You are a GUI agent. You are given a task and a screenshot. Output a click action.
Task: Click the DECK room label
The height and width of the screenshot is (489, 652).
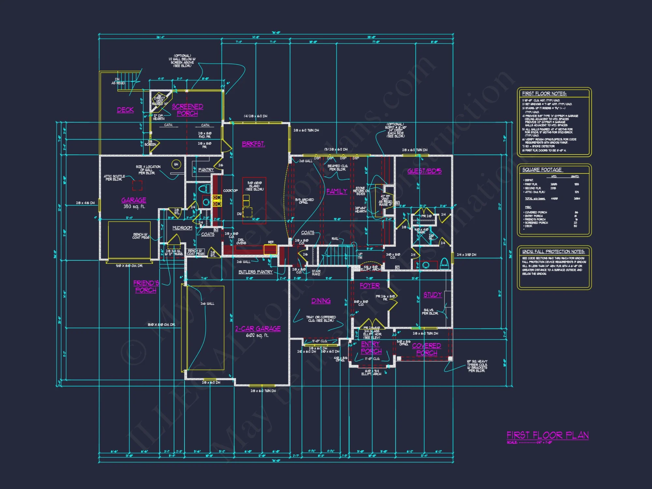pos(126,110)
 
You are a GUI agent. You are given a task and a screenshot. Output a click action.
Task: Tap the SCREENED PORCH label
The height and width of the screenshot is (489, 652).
pos(187,110)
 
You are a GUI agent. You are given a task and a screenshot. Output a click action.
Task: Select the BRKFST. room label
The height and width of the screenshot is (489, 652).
pos(253,144)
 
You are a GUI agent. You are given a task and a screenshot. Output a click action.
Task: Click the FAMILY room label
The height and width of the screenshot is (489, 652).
pos(337,191)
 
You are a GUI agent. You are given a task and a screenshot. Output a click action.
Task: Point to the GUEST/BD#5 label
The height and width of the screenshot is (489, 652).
pos(424,171)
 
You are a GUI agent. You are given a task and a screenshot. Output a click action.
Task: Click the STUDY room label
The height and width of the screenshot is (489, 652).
pos(433,295)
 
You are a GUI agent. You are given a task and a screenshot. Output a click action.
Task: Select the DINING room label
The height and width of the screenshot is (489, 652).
pos(321,301)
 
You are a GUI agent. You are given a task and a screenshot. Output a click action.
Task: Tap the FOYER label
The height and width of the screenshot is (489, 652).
pos(370,286)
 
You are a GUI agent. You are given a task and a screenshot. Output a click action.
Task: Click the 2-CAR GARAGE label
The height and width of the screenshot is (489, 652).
pos(258,329)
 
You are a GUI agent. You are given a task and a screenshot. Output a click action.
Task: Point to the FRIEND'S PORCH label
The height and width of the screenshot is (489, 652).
pos(146,287)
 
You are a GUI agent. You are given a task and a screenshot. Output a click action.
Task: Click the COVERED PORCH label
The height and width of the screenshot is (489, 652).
pos(426,349)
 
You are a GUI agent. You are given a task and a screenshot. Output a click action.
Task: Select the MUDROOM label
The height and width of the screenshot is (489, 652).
pos(182,228)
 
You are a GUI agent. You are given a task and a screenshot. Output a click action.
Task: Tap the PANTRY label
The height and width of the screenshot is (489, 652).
pos(206,170)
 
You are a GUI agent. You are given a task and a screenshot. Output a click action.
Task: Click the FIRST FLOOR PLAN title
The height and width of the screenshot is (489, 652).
pos(547,435)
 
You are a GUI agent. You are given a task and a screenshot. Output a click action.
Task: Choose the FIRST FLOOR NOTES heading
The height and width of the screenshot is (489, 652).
pos(544,94)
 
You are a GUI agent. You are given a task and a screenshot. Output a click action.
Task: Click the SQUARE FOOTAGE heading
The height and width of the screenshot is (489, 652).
pos(542,170)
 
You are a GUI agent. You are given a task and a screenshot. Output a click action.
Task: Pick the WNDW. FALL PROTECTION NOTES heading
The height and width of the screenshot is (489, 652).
pos(553,252)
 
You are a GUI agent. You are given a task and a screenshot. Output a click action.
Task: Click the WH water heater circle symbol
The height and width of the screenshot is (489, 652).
pos(176,164)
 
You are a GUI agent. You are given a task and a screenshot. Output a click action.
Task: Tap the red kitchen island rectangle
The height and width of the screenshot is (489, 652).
pos(254,200)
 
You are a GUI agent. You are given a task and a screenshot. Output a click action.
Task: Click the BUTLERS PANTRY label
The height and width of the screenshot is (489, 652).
pos(255,272)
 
